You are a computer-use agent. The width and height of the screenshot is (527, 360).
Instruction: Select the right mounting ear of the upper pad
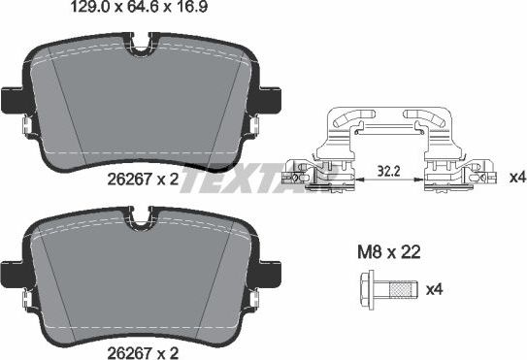269,100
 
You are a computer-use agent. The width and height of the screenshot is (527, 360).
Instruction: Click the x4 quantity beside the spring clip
517,179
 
